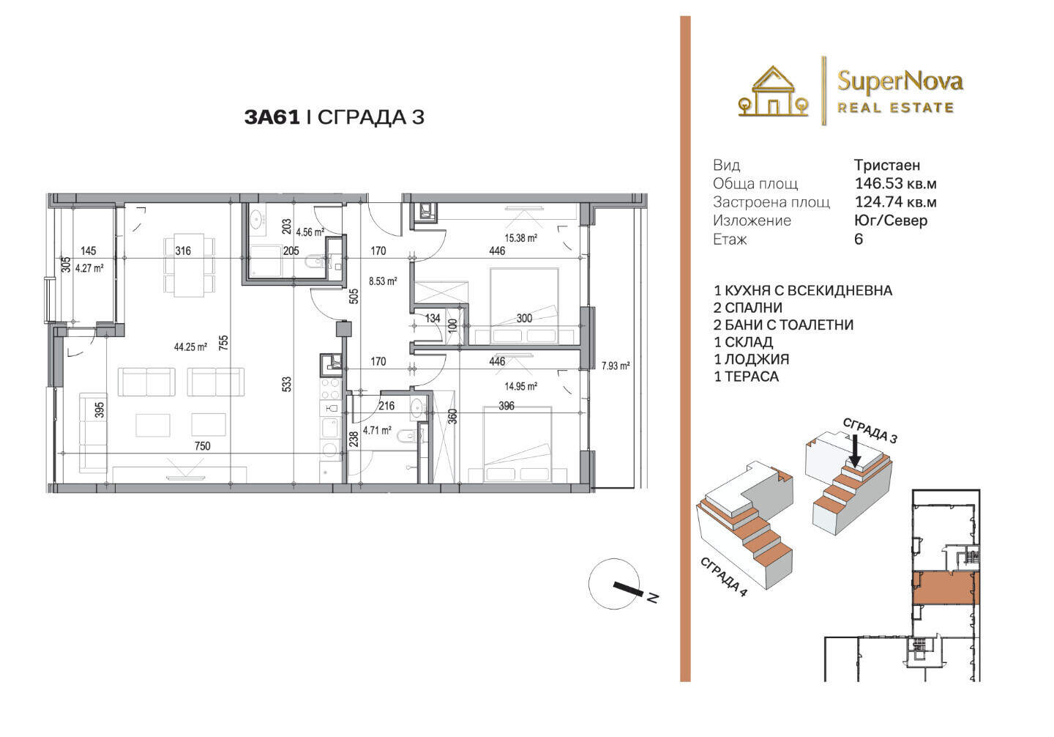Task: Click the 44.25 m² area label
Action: [190, 347]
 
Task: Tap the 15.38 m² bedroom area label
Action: [521, 238]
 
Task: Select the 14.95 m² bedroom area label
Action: [521, 386]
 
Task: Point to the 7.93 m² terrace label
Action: [616, 366]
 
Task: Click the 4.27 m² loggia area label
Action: [89, 268]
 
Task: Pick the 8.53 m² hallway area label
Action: [383, 281]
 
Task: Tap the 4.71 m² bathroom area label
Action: [377, 430]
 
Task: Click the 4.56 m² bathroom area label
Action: [310, 232]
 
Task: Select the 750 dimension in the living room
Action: [202, 446]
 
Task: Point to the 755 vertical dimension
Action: [223, 342]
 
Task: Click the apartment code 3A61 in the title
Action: [272, 117]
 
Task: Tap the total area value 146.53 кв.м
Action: [895, 183]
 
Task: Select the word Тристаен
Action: [887, 166]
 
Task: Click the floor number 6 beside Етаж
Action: [859, 240]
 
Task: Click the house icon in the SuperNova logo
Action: [773, 92]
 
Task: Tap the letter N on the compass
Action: [652, 598]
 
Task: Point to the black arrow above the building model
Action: [856, 451]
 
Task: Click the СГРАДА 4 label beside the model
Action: [723, 577]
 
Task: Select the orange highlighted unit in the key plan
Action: [946, 588]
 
